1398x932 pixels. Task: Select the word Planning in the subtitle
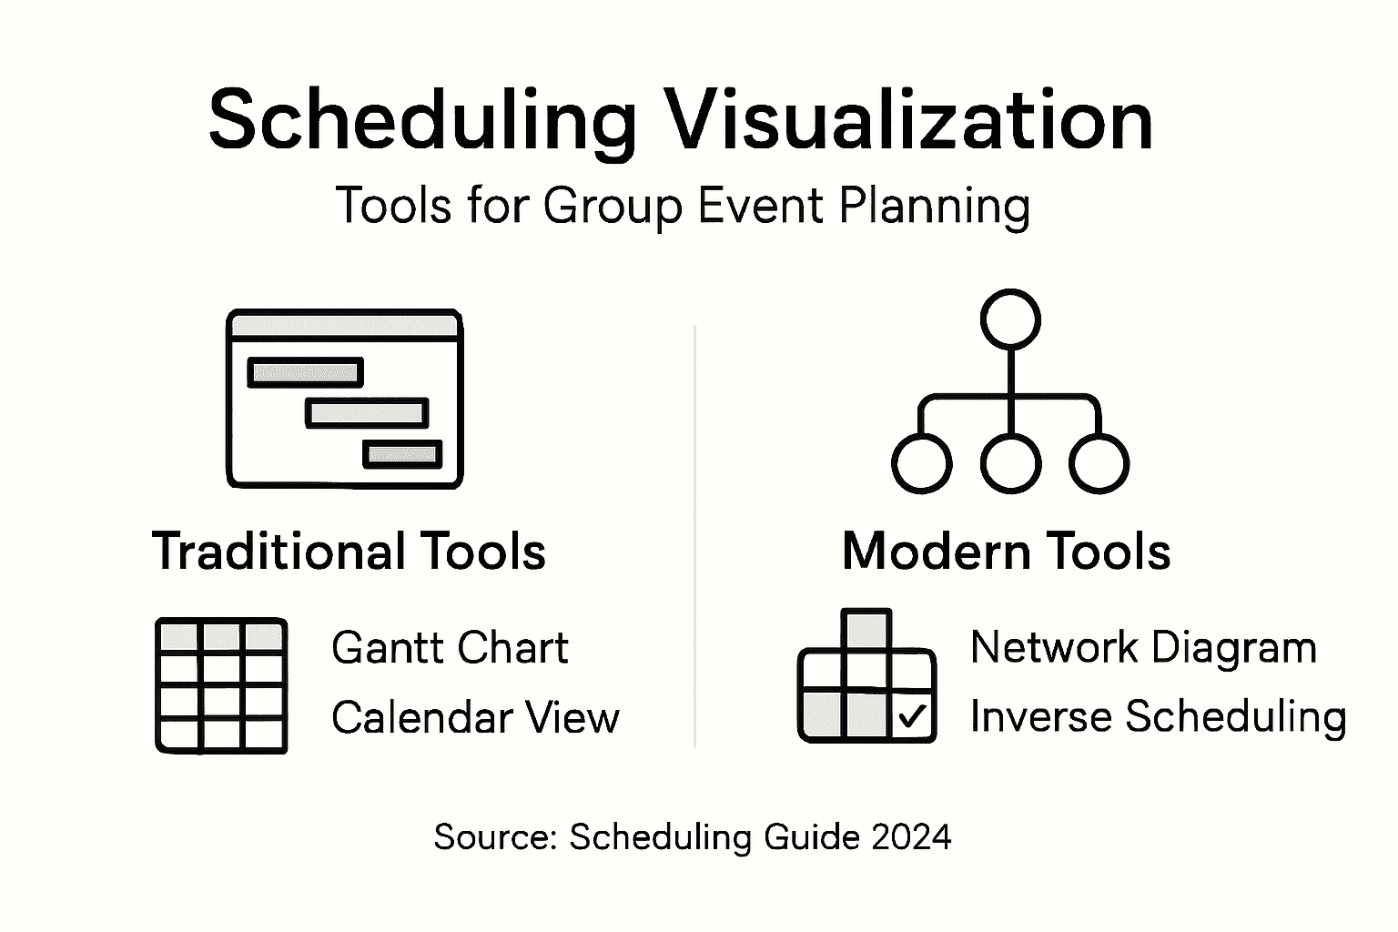pos(934,206)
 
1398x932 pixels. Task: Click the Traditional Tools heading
pos(349,552)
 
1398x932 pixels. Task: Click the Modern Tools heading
pos(1006,552)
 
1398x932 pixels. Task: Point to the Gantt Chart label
pos(450,648)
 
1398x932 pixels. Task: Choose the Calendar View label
pos(475,717)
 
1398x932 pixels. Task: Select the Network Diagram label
pos(1143,647)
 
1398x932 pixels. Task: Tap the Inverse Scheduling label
pos(1158,716)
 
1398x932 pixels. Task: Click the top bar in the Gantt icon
pos(306,372)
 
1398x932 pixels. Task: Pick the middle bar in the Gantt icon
pos(367,413)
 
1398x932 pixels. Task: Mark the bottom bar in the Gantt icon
pos(402,454)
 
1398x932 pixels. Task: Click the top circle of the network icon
pos(1010,319)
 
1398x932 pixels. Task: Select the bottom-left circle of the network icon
pos(921,463)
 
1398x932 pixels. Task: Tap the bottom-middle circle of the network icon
pos(1010,463)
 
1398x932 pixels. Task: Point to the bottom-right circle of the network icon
pos(1099,463)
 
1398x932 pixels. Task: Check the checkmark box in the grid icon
pos(912,717)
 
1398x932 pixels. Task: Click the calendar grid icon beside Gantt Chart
pos(221,685)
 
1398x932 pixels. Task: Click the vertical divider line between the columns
pos(695,537)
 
